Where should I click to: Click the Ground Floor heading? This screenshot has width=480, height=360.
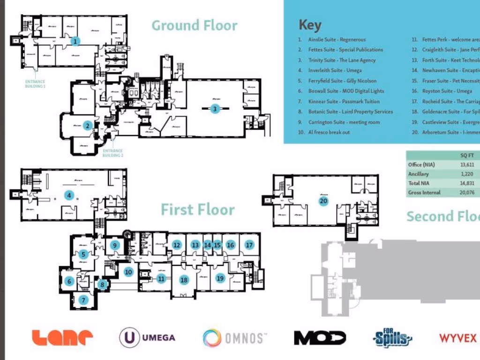[x=194, y=25]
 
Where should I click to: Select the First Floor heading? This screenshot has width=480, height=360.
[x=197, y=210]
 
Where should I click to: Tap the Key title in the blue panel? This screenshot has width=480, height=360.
[x=310, y=25]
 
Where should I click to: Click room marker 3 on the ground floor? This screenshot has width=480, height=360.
[x=215, y=109]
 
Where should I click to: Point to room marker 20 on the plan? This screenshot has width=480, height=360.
[x=323, y=201]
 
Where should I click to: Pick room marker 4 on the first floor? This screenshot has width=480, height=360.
[x=69, y=195]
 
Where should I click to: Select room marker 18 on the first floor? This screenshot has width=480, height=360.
[x=184, y=280]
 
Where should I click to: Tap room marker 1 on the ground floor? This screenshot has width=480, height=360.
[x=75, y=41]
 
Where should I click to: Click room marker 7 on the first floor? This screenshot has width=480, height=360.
[x=83, y=300]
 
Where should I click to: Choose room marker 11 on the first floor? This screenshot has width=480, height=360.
[x=161, y=278]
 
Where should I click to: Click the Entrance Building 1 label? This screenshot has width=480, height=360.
[x=35, y=83]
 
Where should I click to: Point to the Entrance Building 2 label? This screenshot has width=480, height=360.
[x=112, y=153]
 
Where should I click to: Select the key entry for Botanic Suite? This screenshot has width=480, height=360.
[x=350, y=112]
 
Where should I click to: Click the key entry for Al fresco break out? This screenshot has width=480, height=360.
[x=329, y=132]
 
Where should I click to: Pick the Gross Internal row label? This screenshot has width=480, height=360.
[x=424, y=192]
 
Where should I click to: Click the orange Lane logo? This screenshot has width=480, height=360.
[x=62, y=337]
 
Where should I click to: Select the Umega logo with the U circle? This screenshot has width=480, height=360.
[x=147, y=337]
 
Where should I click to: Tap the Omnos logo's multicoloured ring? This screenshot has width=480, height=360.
[x=212, y=337]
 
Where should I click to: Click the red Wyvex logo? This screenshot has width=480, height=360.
[x=457, y=337]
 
